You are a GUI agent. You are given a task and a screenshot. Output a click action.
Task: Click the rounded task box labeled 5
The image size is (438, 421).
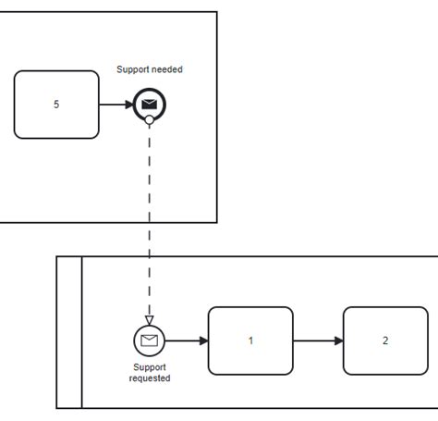pos(56,105)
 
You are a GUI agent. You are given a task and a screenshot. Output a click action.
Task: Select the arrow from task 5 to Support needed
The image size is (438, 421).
pos(115,105)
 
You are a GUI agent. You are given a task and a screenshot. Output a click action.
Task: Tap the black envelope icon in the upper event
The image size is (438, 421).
pos(149,105)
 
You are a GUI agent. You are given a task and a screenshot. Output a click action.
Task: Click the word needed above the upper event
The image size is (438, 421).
pos(166,69)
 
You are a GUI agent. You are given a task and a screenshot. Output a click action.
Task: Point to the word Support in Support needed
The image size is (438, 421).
pos(133,69)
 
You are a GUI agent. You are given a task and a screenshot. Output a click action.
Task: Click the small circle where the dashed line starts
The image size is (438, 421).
pos(149,120)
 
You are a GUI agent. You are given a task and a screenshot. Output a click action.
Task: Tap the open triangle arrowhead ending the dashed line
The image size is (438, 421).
pos(149,320)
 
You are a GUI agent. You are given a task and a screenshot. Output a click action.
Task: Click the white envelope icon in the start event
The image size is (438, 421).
pos(149,341)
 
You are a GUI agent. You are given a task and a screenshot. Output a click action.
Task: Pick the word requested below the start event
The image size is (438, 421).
pos(150,378)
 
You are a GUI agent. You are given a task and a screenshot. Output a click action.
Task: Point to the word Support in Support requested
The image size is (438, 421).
pos(150,367)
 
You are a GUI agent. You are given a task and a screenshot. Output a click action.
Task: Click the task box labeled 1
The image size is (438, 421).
pos(250,341)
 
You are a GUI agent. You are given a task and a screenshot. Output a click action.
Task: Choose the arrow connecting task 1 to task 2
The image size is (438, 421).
pos(318,341)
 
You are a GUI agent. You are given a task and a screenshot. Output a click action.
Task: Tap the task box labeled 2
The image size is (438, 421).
pos(385,341)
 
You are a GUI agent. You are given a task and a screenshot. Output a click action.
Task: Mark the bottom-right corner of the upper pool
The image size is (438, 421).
pos(217,222)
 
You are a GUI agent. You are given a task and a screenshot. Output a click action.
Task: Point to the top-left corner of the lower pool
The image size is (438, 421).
pos(57,256)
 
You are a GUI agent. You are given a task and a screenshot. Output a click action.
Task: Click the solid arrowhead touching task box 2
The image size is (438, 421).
pos(339,341)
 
